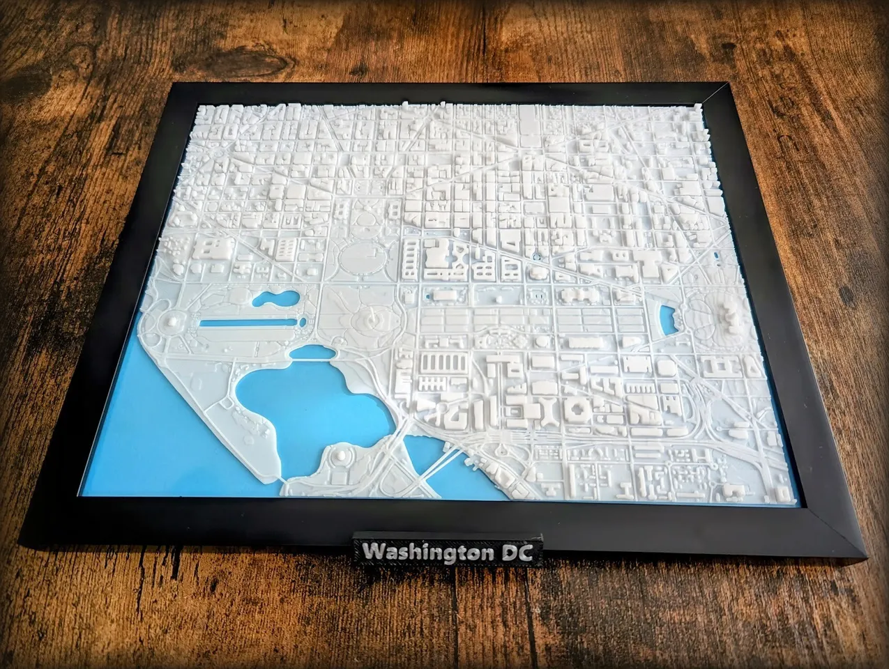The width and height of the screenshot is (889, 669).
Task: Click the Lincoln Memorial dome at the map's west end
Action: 172,321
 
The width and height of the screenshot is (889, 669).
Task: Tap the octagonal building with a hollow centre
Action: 578,408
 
